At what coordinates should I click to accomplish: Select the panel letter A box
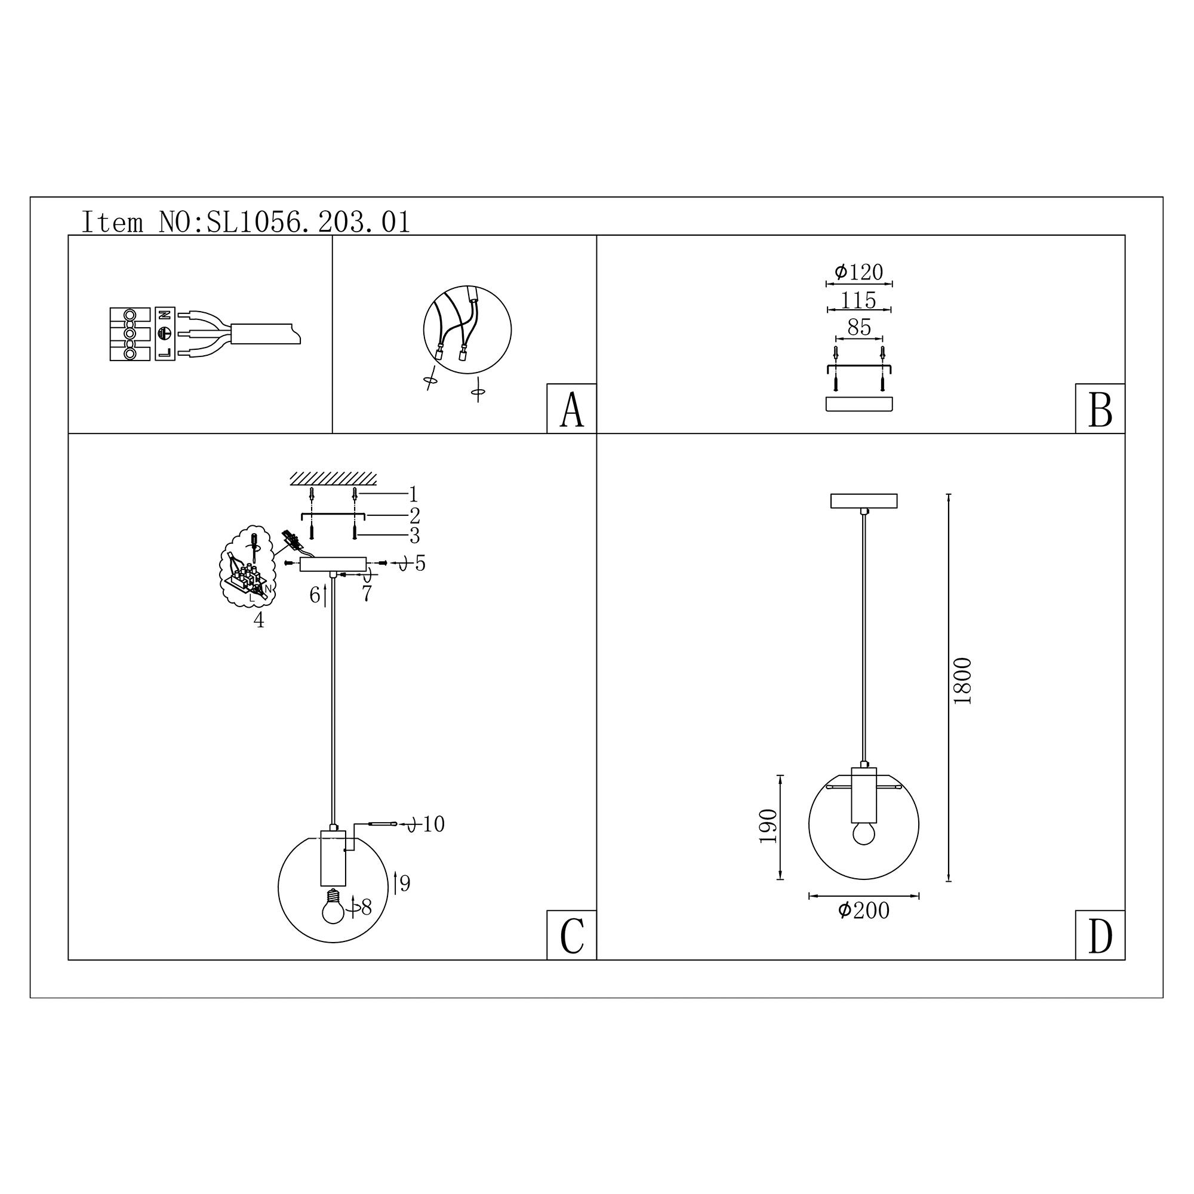coord(572,408)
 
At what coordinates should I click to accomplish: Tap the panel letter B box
coord(1100,408)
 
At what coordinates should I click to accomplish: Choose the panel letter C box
coord(572,935)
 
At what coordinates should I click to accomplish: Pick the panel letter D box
coord(1100,935)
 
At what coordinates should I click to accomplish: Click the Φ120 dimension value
coord(859,271)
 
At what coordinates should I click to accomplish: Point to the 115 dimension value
coord(859,300)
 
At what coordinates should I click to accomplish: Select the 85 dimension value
coord(859,327)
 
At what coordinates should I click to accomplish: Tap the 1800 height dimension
coord(963,681)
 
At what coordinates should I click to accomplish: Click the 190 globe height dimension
coord(768,826)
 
